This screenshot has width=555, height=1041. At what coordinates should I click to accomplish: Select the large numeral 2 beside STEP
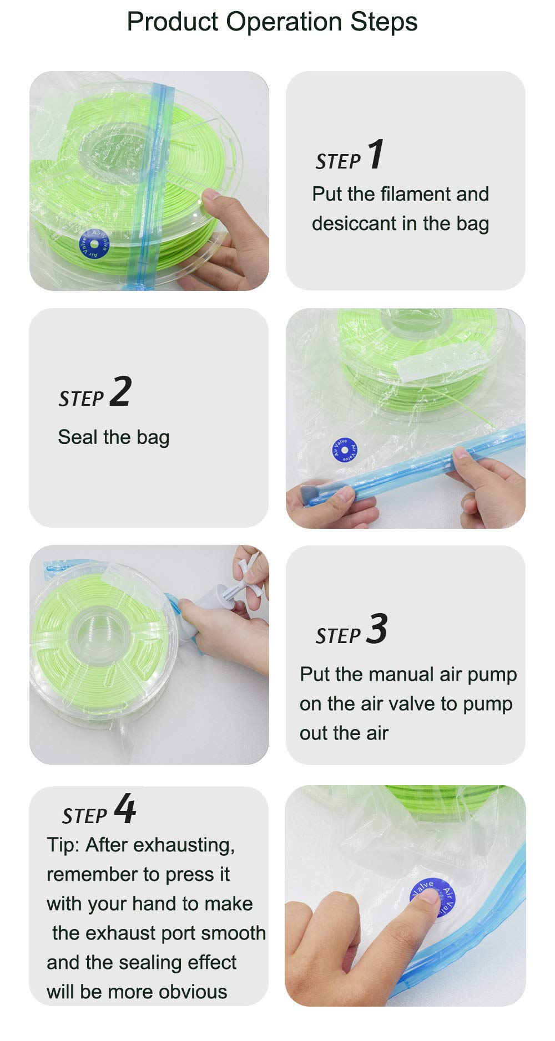[x=120, y=391]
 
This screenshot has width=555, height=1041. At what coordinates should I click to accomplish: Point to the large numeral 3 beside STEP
[x=377, y=629]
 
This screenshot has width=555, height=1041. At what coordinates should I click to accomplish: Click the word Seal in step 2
[x=77, y=437]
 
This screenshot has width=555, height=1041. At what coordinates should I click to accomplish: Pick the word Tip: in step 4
[x=63, y=845]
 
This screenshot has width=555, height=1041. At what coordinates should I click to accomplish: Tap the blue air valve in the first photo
[x=94, y=244]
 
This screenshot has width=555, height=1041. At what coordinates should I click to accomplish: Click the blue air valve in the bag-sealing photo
[x=345, y=450]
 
